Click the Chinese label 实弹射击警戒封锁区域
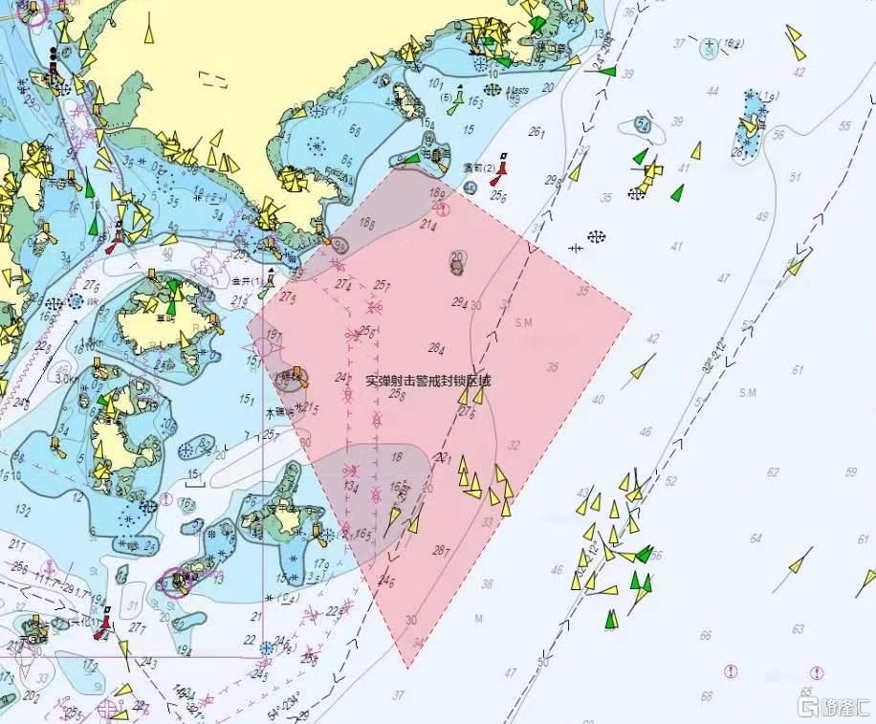tap(427, 380)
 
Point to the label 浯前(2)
tap(477, 167)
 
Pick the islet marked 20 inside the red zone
tap(458, 260)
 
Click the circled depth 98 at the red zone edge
tap(339, 246)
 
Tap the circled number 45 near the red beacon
tap(470, 187)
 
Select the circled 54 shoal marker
tap(643, 126)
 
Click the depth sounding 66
tap(706, 635)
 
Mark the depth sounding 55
tap(844, 126)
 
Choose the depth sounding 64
tap(756, 538)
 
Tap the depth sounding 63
tap(799, 628)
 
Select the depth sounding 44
tap(712, 91)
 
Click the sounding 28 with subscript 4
tap(436, 348)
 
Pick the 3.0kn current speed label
tap(66, 379)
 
